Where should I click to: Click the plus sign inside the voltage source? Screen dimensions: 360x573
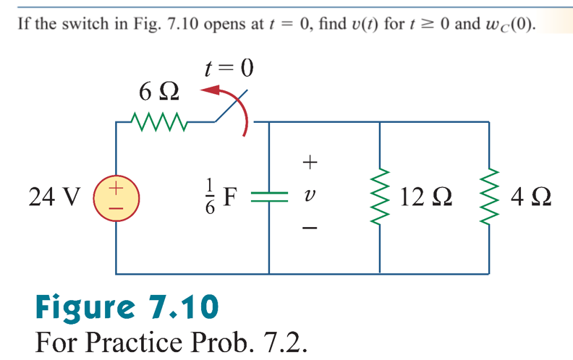click(x=116, y=189)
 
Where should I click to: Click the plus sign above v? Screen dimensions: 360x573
click(x=310, y=163)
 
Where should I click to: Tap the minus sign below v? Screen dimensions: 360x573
click(x=310, y=228)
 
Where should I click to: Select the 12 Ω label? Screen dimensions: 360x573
click(x=426, y=197)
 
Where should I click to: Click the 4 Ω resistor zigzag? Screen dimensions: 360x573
click(x=490, y=197)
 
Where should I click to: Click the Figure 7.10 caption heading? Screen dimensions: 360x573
click(x=127, y=307)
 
